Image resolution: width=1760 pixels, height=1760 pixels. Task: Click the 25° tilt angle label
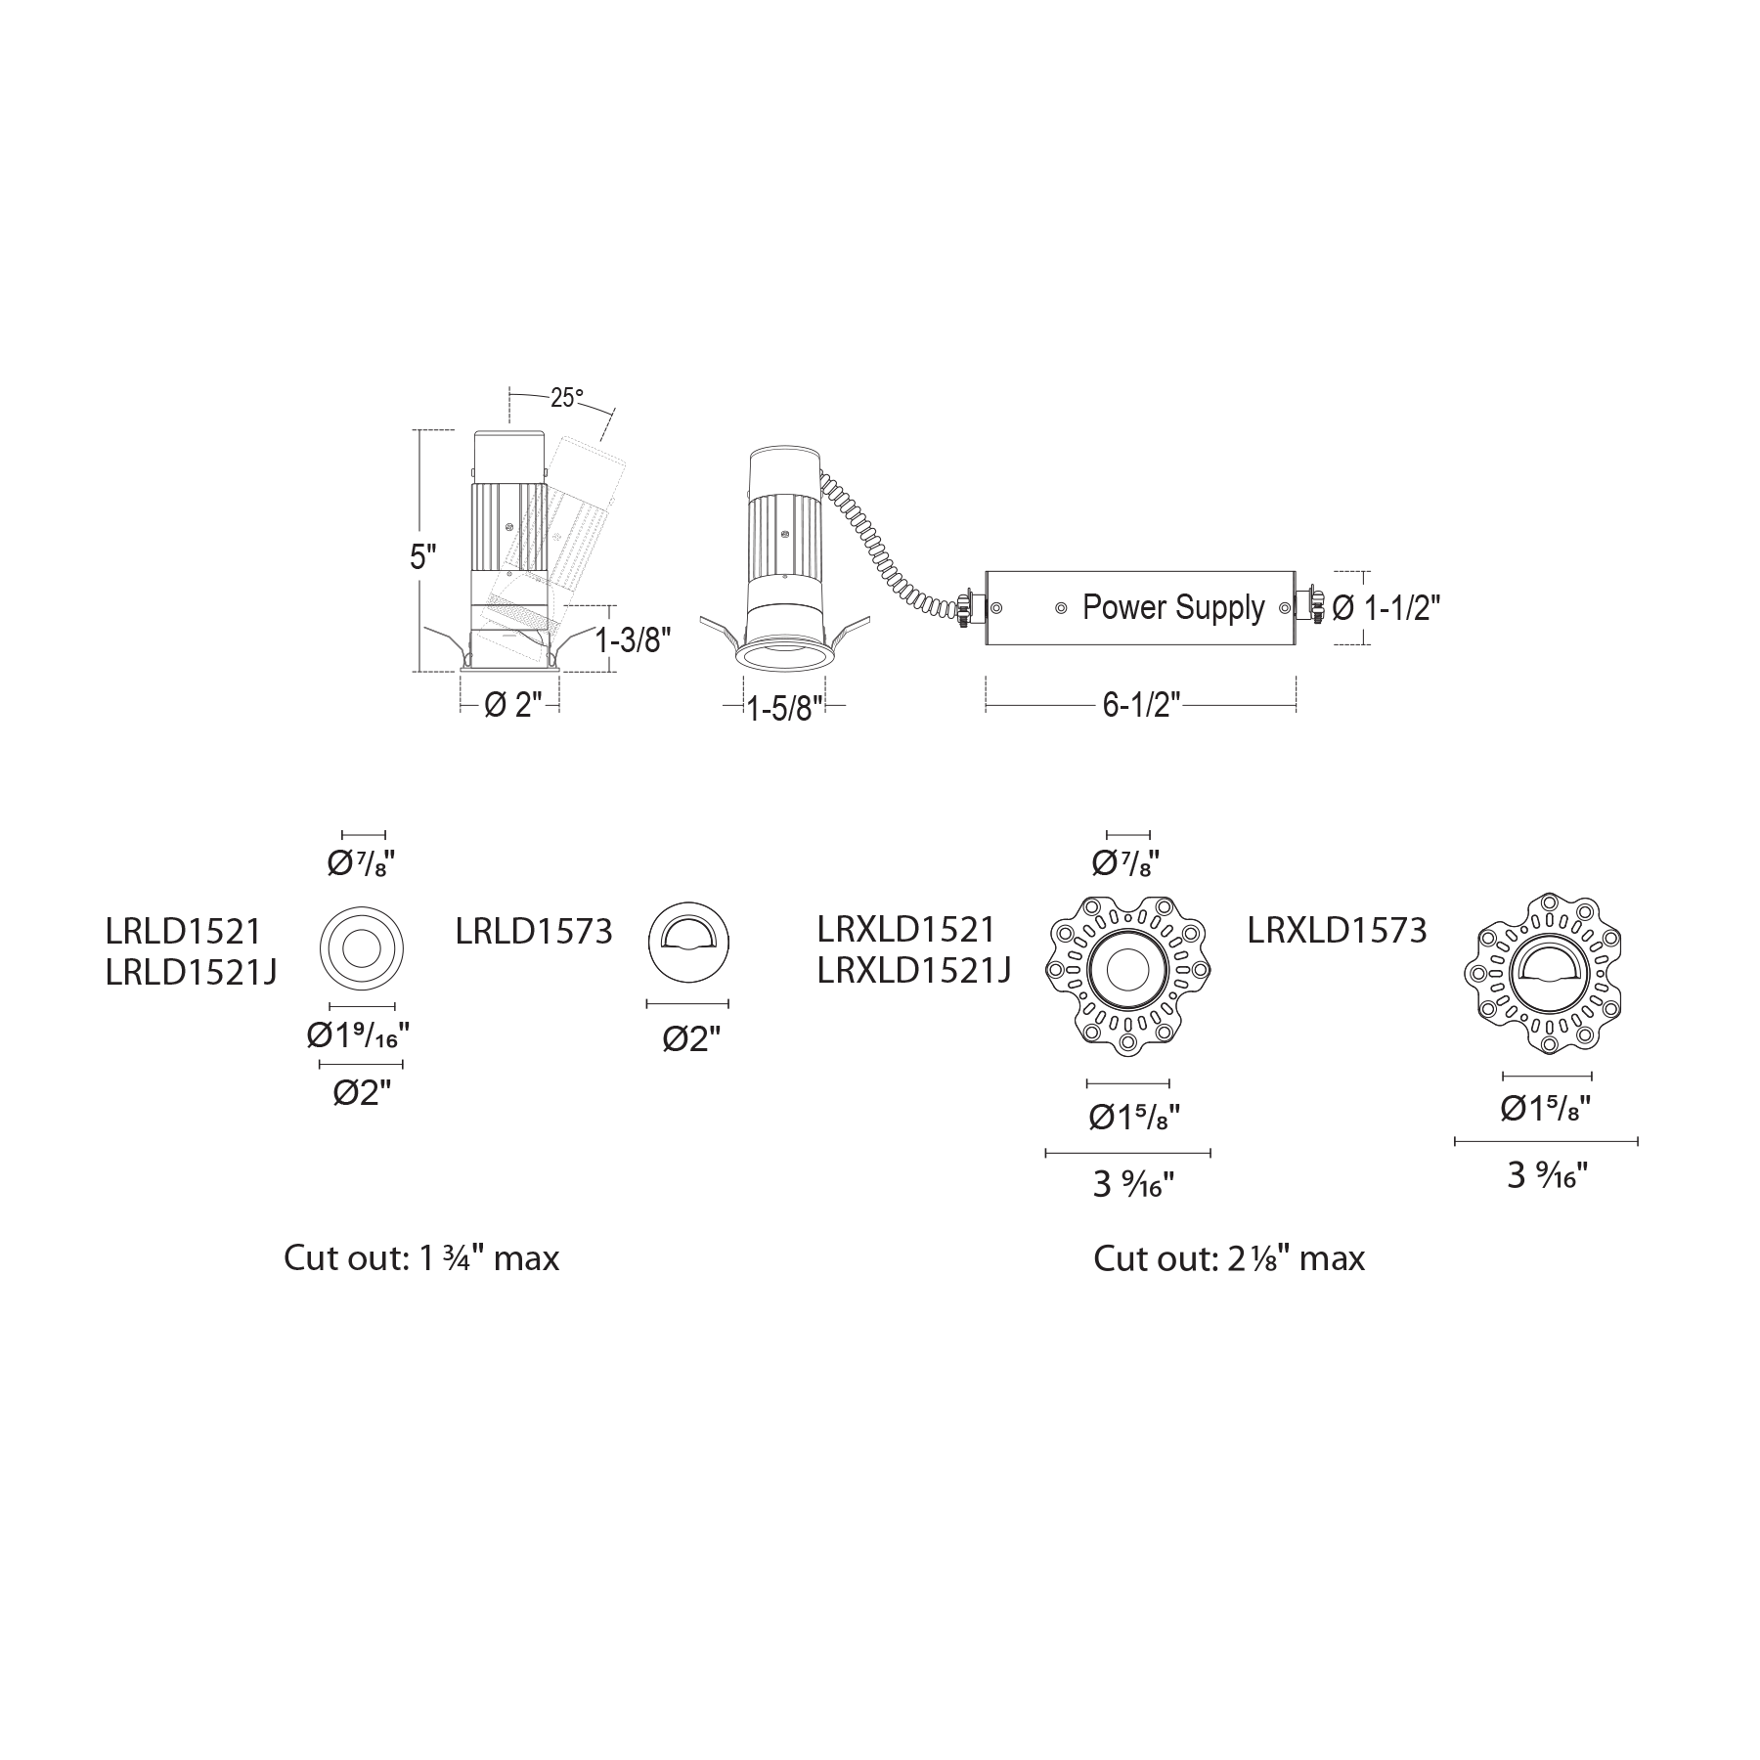[567, 399]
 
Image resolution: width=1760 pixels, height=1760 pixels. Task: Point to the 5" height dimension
[422, 557]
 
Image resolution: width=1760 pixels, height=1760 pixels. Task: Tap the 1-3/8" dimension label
[634, 640]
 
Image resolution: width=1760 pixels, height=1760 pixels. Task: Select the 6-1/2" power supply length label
[1142, 705]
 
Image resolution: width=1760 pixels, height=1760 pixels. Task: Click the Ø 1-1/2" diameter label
[1386, 608]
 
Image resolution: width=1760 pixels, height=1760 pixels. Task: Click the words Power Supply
[1173, 608]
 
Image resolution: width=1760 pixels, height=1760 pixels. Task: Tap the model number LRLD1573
[534, 932]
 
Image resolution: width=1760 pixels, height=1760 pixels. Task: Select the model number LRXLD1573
[1338, 930]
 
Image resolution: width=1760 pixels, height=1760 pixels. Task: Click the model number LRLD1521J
[192, 972]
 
